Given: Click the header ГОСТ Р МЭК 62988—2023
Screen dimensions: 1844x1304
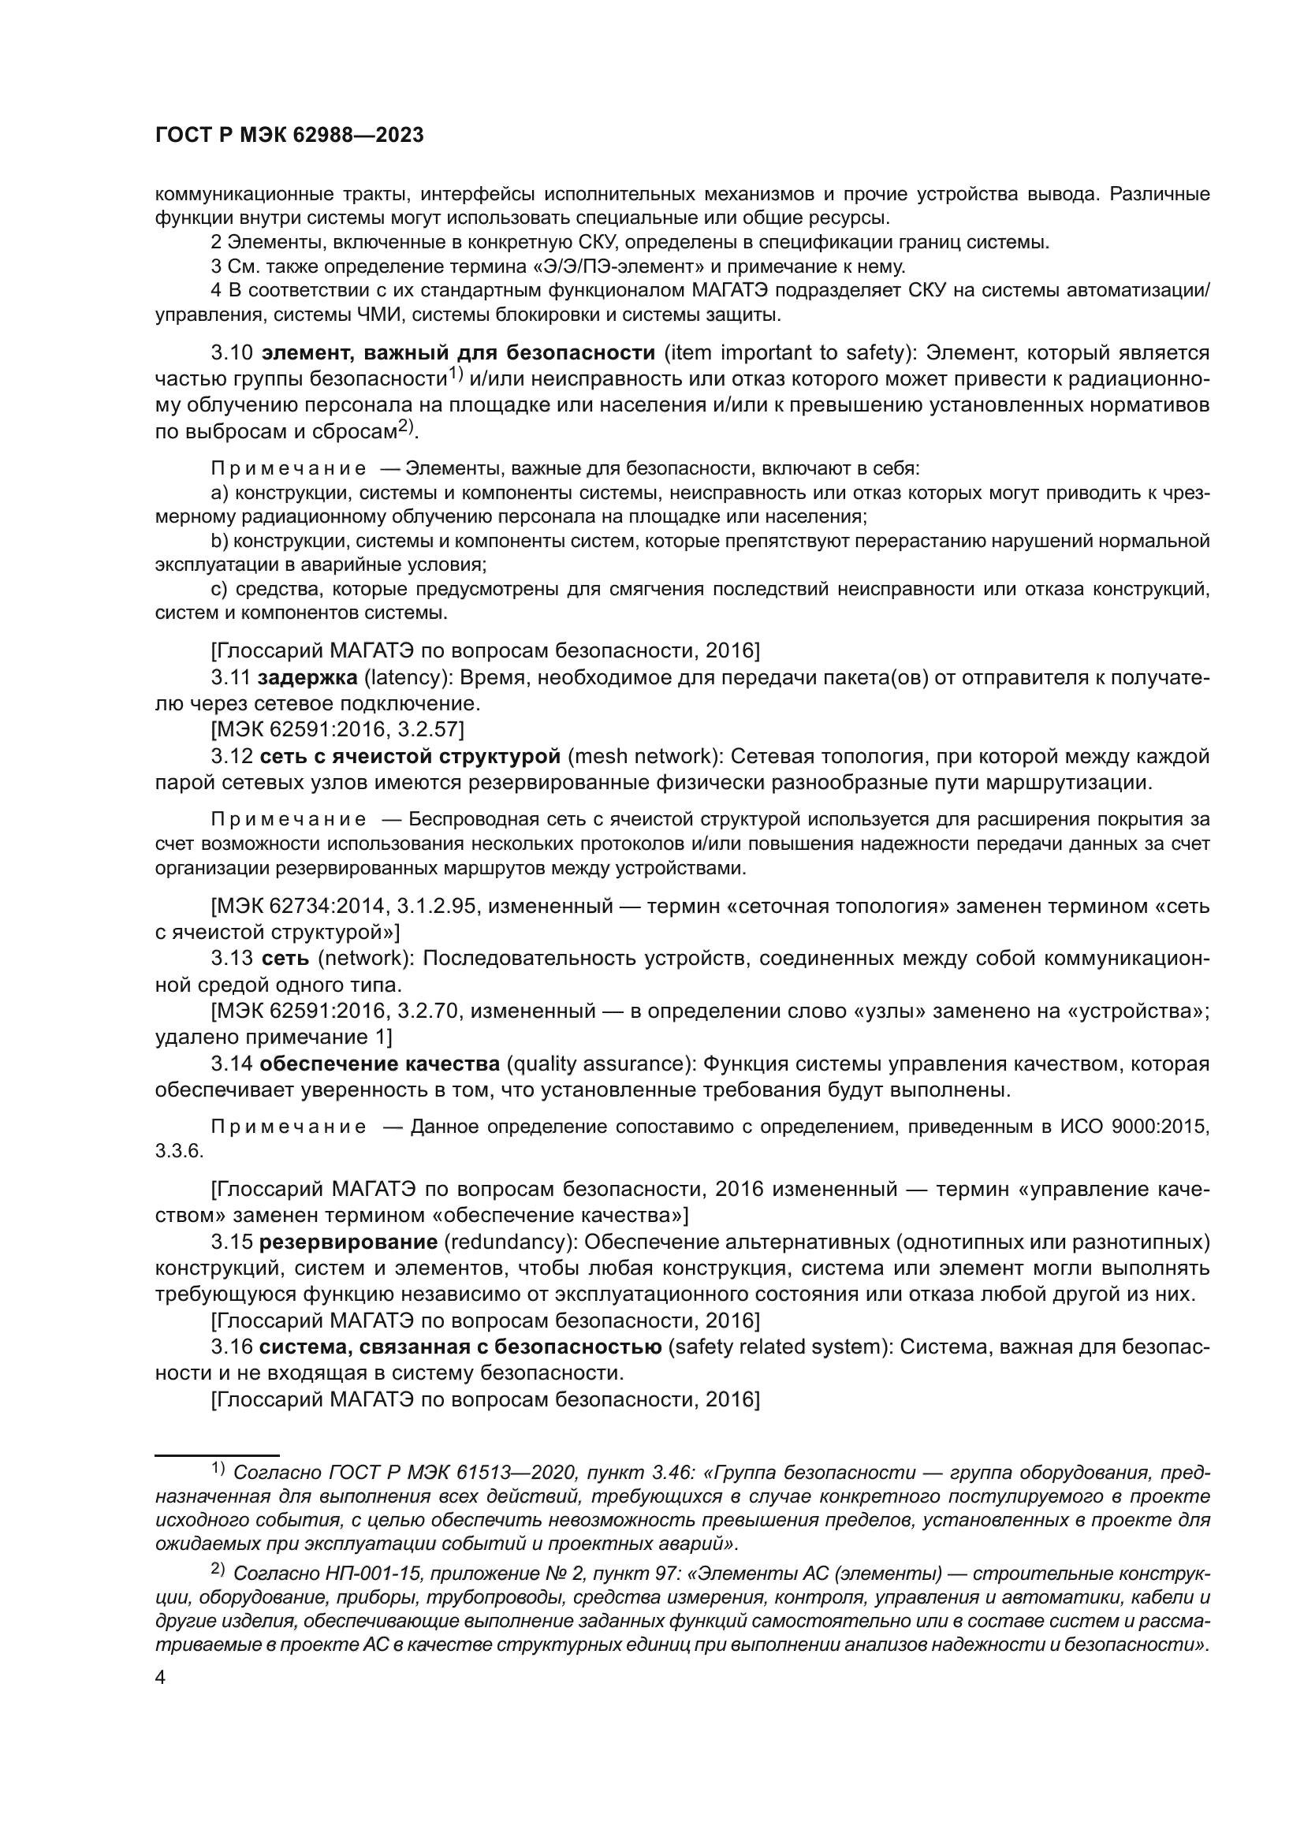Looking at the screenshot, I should pos(289,136).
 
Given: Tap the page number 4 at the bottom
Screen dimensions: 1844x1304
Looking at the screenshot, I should pos(160,1678).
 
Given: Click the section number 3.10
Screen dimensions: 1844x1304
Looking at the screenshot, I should pos(233,352).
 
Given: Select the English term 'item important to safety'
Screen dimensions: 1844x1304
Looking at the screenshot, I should pos(788,352).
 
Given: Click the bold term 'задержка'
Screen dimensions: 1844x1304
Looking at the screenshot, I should pos(307,678).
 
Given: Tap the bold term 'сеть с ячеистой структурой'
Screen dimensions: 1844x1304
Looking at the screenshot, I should pos(410,757).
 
